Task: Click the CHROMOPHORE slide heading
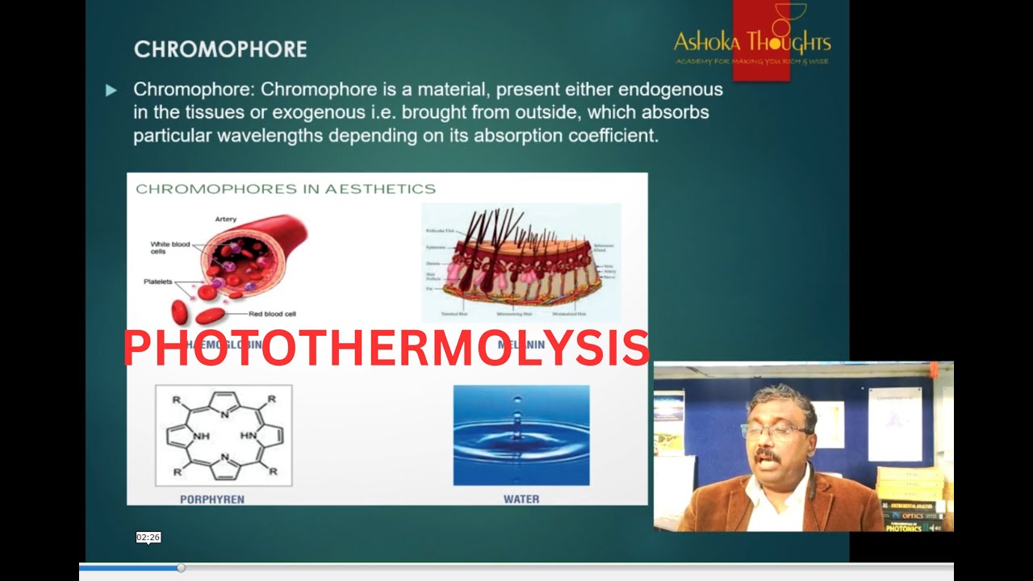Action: point(220,49)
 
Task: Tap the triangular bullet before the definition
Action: point(111,90)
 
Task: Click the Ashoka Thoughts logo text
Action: point(751,42)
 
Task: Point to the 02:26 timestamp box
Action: point(148,537)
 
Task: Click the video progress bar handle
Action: point(181,568)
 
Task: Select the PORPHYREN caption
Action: point(211,499)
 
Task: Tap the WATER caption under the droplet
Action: point(521,499)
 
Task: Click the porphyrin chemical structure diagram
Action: point(224,436)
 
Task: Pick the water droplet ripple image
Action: point(521,435)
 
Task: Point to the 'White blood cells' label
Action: point(169,248)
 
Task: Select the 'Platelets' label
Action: point(158,282)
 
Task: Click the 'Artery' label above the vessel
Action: point(226,219)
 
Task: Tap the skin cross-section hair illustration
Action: point(521,262)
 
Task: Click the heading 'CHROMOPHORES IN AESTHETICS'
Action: point(286,189)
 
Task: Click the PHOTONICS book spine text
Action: point(904,528)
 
